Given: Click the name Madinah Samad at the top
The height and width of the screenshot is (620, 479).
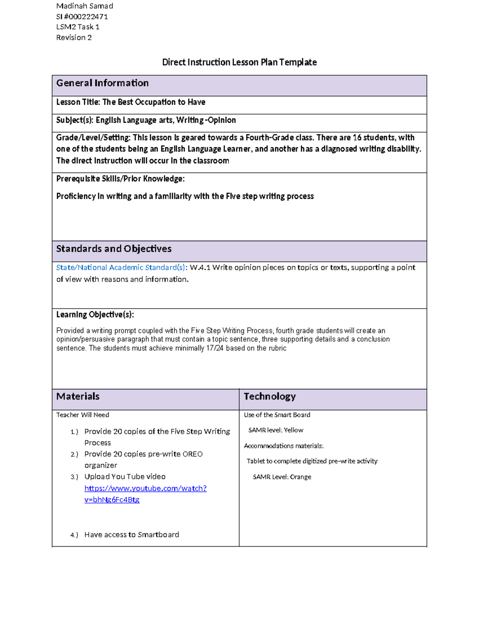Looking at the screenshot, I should click(x=85, y=6).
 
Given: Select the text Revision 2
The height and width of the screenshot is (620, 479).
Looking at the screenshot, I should click(x=74, y=38).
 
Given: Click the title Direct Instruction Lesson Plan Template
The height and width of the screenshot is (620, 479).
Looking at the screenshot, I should click(x=239, y=62).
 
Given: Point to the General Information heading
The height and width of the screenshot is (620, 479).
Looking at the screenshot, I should click(x=102, y=83).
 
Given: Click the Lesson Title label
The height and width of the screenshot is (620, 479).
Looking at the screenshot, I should click(x=78, y=102).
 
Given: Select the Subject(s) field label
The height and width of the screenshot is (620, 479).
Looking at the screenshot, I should click(x=75, y=120).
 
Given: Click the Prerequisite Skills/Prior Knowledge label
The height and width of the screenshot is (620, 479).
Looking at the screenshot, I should click(x=120, y=179).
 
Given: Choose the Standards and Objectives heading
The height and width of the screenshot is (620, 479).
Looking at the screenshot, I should click(x=114, y=249).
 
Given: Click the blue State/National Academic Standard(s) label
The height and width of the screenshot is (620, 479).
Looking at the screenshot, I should click(x=122, y=267).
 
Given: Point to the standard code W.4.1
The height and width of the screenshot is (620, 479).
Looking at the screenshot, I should click(x=200, y=267).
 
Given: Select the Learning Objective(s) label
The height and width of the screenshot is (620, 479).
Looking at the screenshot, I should click(x=95, y=315).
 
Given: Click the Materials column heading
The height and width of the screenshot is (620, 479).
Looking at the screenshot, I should click(x=78, y=396).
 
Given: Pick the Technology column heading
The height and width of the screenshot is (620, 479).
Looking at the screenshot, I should click(x=269, y=396).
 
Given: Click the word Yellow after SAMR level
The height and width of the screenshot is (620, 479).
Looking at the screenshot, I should click(x=293, y=430).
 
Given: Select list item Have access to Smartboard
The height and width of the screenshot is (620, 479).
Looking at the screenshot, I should click(x=131, y=535).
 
